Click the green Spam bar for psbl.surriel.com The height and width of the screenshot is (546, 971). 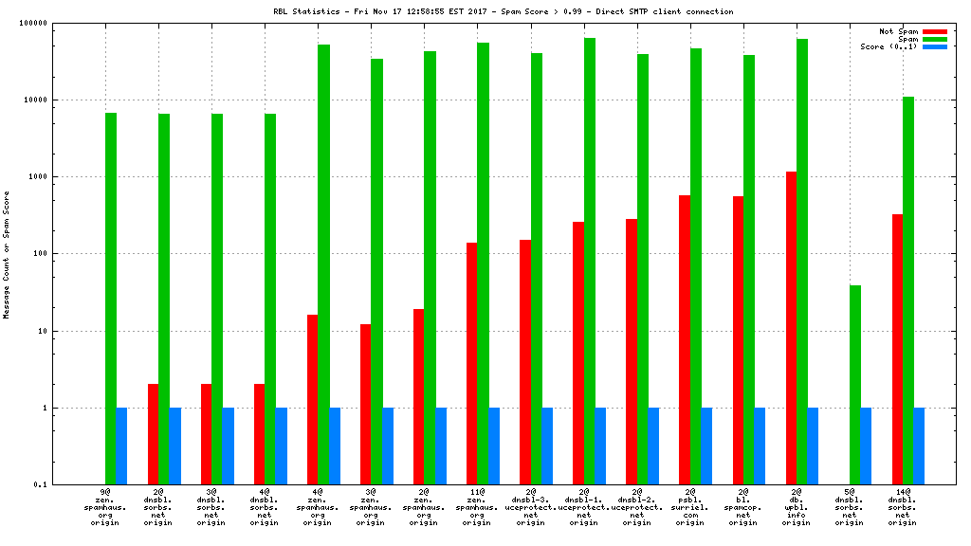click(x=696, y=266)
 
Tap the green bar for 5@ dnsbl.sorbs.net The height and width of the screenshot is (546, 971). click(x=855, y=385)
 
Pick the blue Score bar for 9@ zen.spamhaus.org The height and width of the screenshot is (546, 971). click(x=121, y=446)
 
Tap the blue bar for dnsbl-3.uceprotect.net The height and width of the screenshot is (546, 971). click(x=547, y=446)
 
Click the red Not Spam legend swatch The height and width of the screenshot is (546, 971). click(x=934, y=31)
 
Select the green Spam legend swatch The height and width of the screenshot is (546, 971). click(x=934, y=39)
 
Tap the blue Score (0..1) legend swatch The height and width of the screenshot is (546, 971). click(x=934, y=46)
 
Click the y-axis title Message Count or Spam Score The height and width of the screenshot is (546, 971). click(x=8, y=254)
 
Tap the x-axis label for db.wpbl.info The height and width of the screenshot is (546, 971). click(x=797, y=507)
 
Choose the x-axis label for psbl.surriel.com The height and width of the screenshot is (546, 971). click(x=690, y=507)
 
